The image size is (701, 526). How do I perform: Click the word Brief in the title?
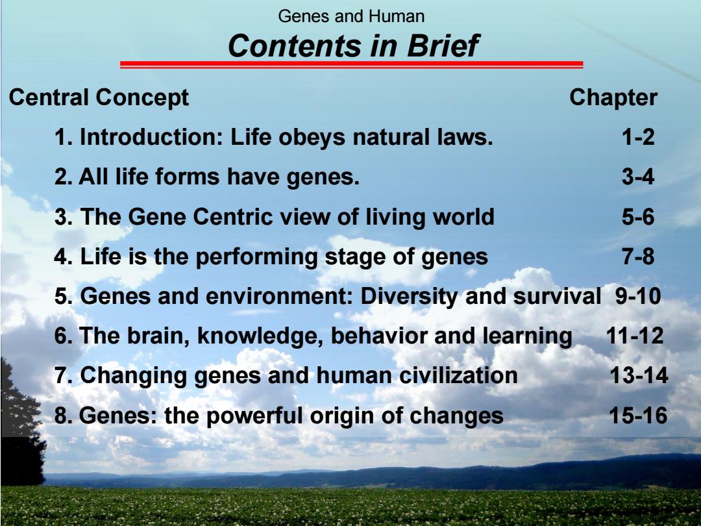[443, 45]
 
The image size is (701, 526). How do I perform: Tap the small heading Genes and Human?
[351, 16]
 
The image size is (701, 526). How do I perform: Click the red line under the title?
[351, 65]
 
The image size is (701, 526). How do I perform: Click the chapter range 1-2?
[638, 137]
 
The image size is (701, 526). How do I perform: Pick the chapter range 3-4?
[638, 177]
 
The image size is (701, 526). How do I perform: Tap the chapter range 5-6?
[638, 217]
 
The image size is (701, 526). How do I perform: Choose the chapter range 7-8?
[638, 257]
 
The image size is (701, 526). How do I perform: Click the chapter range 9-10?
[638, 296]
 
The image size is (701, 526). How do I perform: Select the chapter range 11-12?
[635, 336]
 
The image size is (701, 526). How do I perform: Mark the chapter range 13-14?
[639, 375]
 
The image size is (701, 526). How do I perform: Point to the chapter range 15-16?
[638, 416]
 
